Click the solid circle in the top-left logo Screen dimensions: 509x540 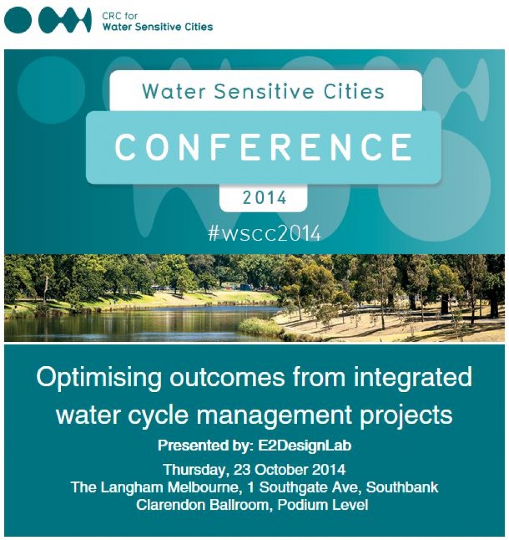point(18,21)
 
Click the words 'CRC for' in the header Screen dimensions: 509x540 point(120,16)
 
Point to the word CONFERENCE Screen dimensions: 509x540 point(264,147)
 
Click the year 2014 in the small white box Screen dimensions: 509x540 point(264,198)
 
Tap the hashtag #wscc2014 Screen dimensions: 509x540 point(264,233)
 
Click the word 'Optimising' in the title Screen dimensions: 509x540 point(99,378)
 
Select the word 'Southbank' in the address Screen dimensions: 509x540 point(402,487)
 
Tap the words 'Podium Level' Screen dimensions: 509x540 point(323,505)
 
